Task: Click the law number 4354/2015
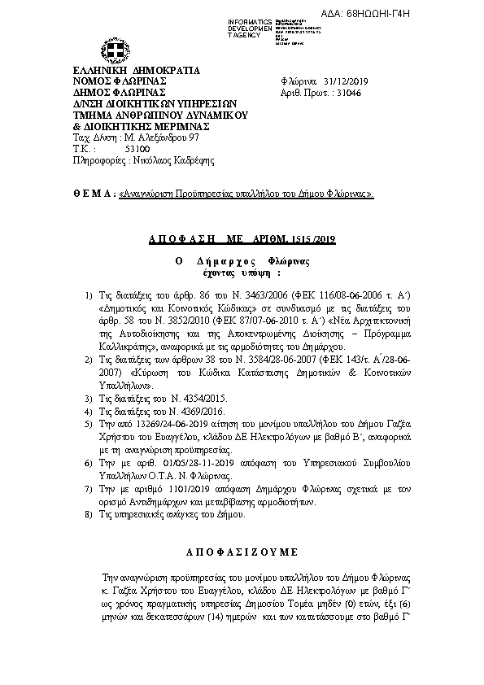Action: point(191,398)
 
